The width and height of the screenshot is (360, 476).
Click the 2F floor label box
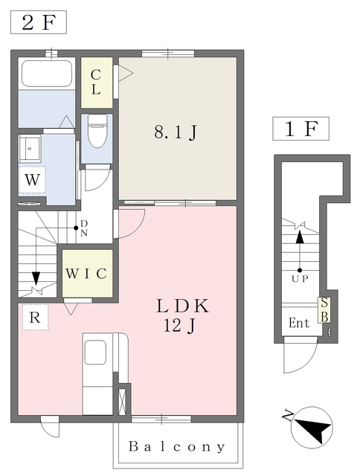point(39,22)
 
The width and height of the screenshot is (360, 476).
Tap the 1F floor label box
point(300,129)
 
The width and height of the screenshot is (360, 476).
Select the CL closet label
point(96,82)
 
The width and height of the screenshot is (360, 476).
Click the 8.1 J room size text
point(176,132)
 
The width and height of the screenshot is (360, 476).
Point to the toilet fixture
point(97,132)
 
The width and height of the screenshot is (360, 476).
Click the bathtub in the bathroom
point(47,74)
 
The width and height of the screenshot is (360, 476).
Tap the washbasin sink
point(30,148)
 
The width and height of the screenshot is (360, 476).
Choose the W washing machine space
point(32,179)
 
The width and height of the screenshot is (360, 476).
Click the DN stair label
point(84,228)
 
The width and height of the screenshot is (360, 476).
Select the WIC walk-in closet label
point(86,274)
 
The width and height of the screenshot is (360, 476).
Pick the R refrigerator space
point(35,318)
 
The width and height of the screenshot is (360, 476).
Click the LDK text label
point(183,306)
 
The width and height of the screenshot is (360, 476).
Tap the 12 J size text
point(179,326)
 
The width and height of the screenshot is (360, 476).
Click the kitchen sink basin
point(95,352)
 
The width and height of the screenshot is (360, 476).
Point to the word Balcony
point(177,446)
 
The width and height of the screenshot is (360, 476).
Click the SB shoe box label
point(324,310)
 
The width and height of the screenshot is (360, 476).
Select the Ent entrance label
point(299,323)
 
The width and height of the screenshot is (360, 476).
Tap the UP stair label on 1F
point(300,279)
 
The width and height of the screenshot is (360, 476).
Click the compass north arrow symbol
point(312,428)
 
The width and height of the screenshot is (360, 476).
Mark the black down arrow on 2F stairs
point(36,278)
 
